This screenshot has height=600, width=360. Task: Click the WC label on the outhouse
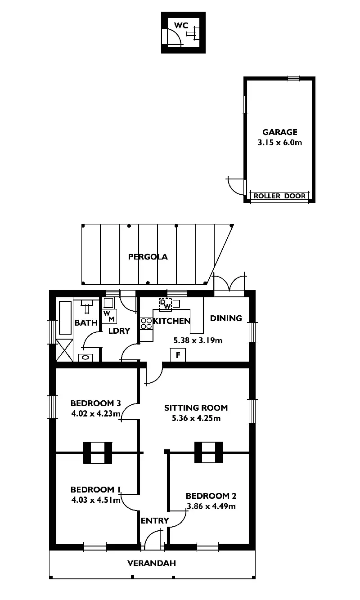pos(181,25)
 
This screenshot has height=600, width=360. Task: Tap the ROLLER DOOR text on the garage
pos(279,196)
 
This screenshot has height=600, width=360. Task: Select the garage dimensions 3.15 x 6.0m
pos(280,143)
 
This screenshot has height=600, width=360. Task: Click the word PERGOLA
pos(148,257)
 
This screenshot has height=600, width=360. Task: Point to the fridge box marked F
pos(178,355)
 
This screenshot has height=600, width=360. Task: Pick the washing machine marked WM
pos(109,316)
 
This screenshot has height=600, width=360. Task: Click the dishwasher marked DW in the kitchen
pos(165,304)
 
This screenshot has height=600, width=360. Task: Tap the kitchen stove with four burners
pos(146,323)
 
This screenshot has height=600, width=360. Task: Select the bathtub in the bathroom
pos(65,318)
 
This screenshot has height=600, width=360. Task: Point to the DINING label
pos(226,318)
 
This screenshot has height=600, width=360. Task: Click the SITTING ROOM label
pos(196,408)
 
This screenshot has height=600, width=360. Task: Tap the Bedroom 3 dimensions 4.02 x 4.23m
pos(95,414)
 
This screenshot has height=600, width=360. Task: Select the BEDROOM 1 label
pos(95,489)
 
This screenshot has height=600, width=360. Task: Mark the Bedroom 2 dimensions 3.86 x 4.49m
pos(211,506)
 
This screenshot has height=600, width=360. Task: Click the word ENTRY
pos(155,521)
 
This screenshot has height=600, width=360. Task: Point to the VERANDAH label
pos(152,563)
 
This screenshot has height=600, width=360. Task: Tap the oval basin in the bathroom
pos(85,358)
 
